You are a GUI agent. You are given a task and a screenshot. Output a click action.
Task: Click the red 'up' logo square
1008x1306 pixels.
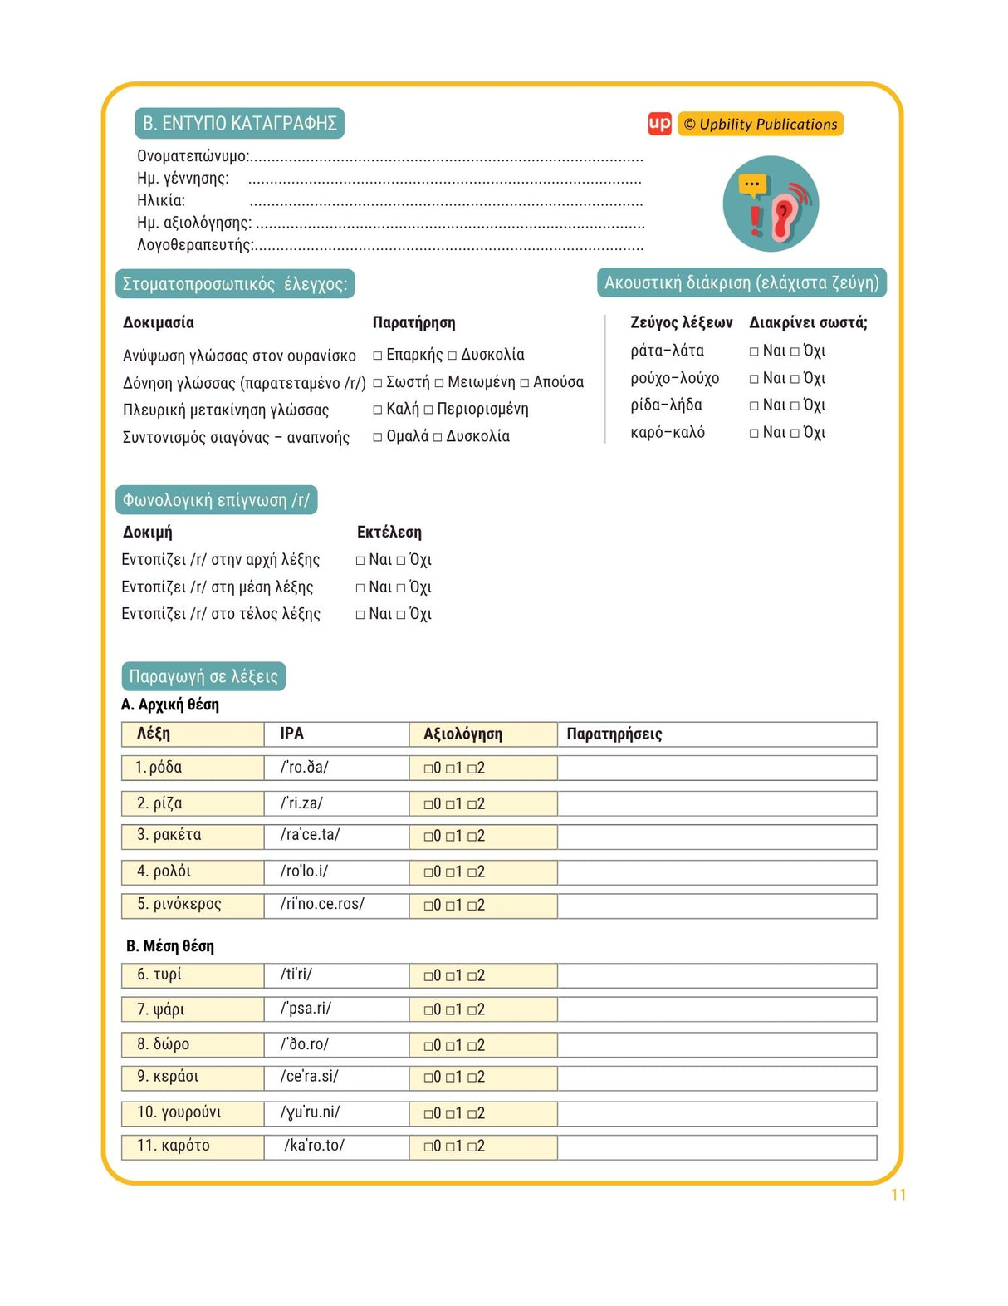tap(659, 124)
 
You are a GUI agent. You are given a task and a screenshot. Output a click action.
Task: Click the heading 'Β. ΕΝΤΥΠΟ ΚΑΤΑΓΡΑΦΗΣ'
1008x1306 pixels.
tap(239, 124)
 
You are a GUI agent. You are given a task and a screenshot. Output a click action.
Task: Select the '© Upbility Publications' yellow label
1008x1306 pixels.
tap(760, 124)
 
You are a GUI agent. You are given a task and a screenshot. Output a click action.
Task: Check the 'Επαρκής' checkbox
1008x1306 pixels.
tap(378, 356)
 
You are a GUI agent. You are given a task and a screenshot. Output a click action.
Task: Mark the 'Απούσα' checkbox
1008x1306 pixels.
tap(525, 383)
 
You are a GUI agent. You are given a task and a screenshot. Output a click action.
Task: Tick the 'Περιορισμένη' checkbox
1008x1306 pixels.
tap(428, 410)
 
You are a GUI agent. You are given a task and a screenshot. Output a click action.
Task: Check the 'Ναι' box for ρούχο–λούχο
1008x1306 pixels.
tap(754, 379)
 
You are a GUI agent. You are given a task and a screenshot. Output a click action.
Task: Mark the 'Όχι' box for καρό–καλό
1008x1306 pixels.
tap(795, 433)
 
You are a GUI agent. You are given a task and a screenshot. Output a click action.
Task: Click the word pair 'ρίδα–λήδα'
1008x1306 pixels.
tap(666, 405)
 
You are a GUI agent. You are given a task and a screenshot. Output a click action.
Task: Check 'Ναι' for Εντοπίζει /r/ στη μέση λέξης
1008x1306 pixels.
tap(360, 588)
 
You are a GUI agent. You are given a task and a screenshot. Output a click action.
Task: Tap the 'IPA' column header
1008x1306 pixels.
tap(292, 734)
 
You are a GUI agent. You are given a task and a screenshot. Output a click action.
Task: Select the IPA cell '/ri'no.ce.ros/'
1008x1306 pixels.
tap(322, 904)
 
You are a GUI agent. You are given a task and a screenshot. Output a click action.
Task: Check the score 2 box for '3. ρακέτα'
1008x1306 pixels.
tap(472, 837)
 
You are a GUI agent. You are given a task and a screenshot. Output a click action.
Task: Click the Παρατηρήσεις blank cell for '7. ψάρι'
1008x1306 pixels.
tap(717, 1009)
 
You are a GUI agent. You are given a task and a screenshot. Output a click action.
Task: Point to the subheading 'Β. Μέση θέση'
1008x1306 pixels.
tap(170, 946)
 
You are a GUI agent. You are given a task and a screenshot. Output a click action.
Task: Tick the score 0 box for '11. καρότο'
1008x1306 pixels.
tap(428, 1147)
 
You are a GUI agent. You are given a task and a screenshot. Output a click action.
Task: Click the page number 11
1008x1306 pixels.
tap(898, 1196)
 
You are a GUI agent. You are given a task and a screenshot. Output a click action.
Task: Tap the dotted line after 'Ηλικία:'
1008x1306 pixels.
tap(446, 202)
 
